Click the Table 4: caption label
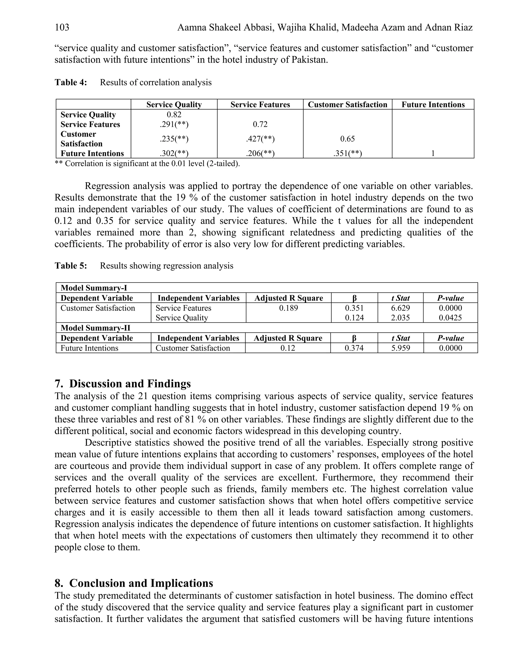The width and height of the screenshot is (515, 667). point(71,83)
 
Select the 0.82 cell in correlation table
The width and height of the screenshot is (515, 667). point(174,115)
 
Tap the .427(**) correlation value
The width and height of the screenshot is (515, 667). point(260,139)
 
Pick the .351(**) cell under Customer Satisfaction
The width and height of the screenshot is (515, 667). point(347,154)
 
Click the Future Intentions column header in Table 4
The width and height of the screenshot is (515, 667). point(433,105)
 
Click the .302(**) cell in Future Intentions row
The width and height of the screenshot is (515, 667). point(174,154)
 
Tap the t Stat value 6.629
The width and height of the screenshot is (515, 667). point(400,308)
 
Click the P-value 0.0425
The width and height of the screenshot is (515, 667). point(450,318)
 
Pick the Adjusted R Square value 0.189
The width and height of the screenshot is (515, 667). point(288,308)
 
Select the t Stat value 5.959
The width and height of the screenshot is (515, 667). point(400,348)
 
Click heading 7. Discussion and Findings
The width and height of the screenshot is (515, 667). point(123,384)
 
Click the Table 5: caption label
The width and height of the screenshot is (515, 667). point(71,266)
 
